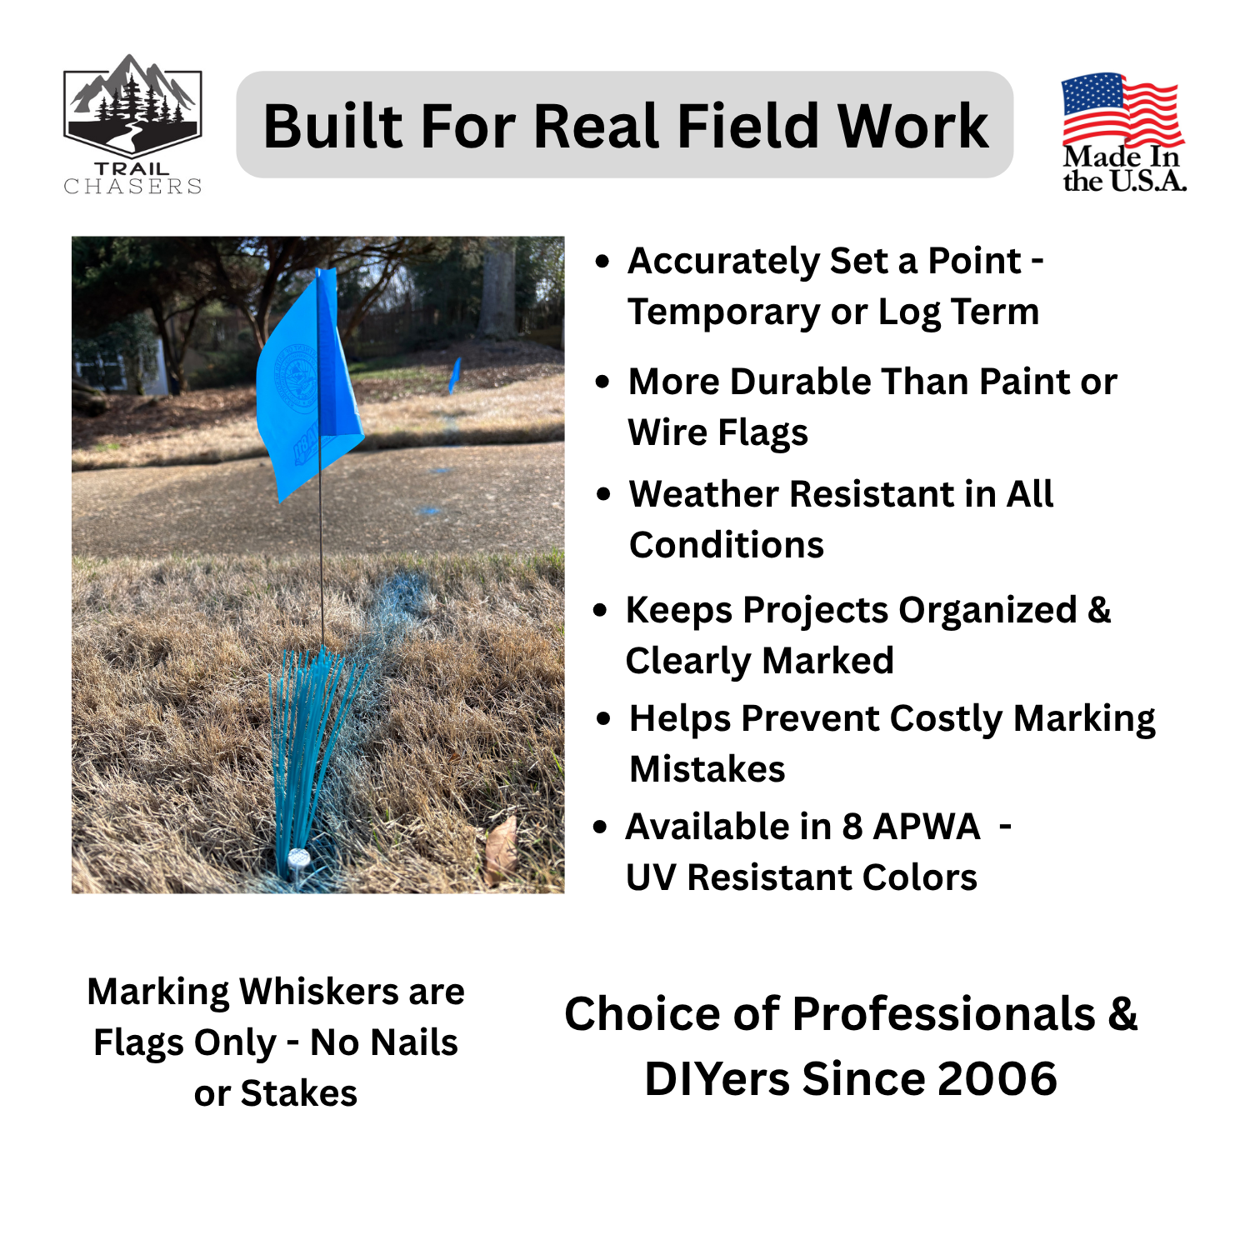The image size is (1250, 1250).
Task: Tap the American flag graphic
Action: tap(1122, 108)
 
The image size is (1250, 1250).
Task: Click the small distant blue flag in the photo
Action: tap(454, 374)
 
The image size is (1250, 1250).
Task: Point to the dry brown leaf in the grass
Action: tap(500, 846)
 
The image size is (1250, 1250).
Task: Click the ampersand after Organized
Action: tap(1098, 610)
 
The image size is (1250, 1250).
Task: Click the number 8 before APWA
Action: tap(852, 827)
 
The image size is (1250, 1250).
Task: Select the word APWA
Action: tap(927, 827)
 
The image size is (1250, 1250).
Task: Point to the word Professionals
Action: tap(943, 1015)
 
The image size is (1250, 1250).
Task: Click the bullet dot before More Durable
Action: tap(603, 382)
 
